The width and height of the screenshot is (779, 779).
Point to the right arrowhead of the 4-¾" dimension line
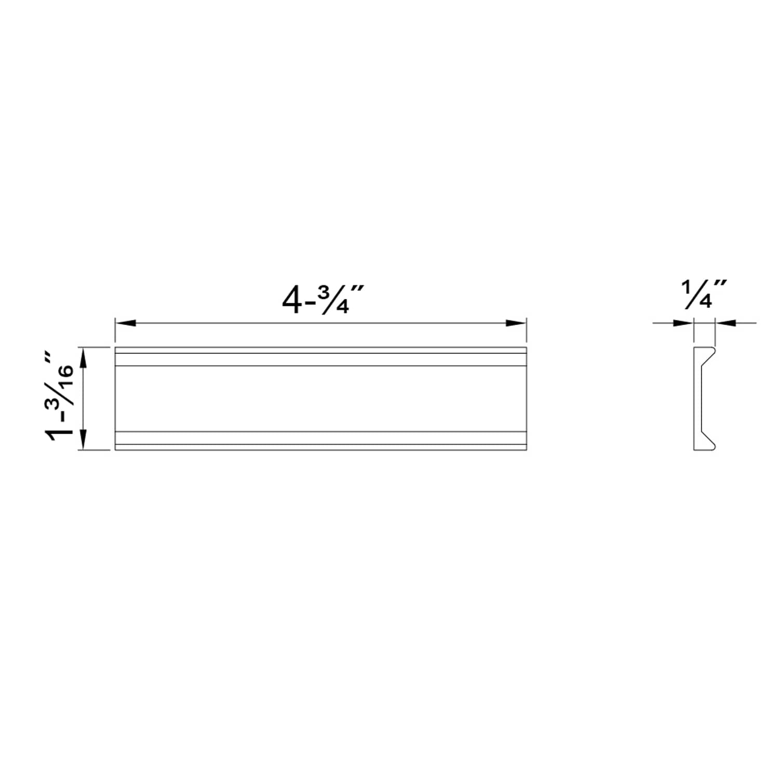click(516, 323)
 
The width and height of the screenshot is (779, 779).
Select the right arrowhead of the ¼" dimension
click(726, 323)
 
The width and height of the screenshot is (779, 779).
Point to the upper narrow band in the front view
click(320, 359)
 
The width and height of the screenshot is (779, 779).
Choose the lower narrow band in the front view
click(320, 438)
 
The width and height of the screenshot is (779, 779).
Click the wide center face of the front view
click(320, 398)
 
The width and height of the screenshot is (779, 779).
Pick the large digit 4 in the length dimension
click(292, 300)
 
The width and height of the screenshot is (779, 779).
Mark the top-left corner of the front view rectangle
click(115, 347)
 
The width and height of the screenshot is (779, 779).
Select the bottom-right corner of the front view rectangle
click(527, 450)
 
